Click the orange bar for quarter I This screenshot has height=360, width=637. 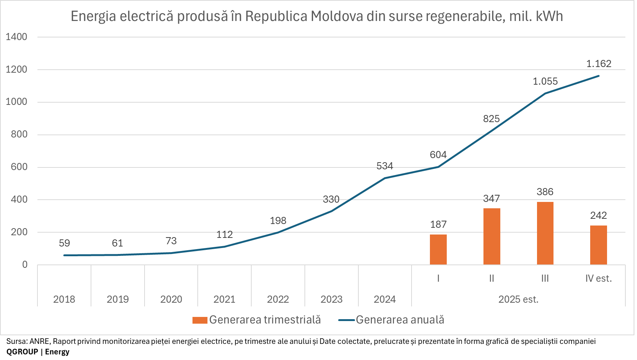click(438, 249)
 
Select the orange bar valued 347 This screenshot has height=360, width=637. click(492, 236)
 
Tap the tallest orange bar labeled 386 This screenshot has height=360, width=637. click(545, 233)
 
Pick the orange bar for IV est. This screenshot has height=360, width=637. click(598, 245)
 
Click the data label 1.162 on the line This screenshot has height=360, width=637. click(599, 64)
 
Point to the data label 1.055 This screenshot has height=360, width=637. click(545, 81)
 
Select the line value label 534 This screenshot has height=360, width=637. click(385, 166)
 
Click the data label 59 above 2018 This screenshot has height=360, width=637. click(64, 243)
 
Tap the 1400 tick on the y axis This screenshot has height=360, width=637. click(16, 37)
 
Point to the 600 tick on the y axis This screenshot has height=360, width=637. click(19, 167)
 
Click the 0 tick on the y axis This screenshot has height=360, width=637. click(25, 265)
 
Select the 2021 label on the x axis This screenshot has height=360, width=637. click(224, 299)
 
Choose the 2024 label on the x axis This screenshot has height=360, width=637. click(385, 299)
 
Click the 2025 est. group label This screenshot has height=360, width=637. click(518, 299)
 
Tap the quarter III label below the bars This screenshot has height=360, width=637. click(545, 278)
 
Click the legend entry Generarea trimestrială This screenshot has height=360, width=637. click(265, 320)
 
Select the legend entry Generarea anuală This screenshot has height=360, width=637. click(400, 320)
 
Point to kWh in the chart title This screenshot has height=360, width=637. click(549, 16)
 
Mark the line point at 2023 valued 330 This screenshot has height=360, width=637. click(331, 211)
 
